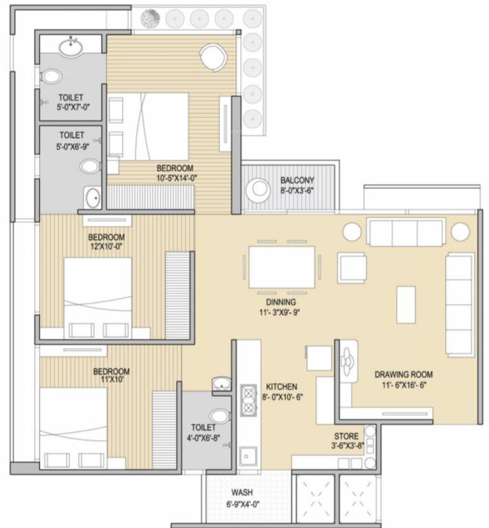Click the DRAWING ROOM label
point(404,374)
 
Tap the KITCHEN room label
point(282,386)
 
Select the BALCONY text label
point(297,180)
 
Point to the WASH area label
point(242,492)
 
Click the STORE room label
point(346,436)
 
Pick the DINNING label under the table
point(281,302)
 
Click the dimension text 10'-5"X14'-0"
point(177,178)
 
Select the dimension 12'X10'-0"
point(106,246)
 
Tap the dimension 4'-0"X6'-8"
point(203,438)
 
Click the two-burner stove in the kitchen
point(249,400)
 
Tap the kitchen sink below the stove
point(248,456)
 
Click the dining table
point(282,267)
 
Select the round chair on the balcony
point(258,190)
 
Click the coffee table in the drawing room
point(406,305)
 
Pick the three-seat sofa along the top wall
point(406,232)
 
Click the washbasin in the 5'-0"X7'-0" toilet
point(71,47)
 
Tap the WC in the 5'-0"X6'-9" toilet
point(90,166)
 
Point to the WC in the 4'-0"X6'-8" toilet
point(220,416)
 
